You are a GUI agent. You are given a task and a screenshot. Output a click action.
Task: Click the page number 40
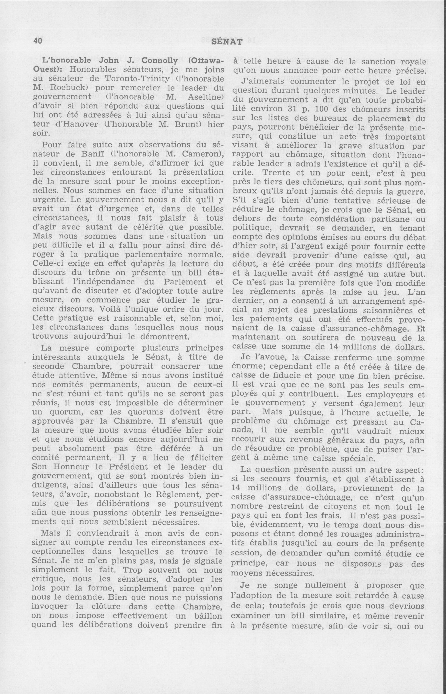pos(38,41)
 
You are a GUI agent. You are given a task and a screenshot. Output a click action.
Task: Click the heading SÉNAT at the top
pos(227,42)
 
